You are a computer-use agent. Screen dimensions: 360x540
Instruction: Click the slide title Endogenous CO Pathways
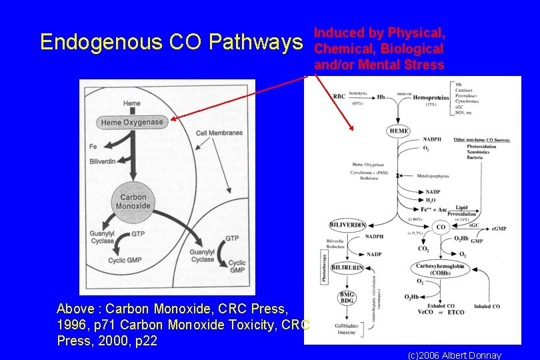click(171, 43)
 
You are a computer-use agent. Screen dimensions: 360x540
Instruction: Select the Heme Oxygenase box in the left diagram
click(132, 122)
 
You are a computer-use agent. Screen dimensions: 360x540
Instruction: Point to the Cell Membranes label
click(219, 133)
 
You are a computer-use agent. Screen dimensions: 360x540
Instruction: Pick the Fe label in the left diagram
click(93, 145)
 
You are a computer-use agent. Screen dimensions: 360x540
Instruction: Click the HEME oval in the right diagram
click(398, 131)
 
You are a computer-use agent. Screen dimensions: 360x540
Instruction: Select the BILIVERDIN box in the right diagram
click(347, 225)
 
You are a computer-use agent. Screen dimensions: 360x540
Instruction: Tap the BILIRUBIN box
click(347, 267)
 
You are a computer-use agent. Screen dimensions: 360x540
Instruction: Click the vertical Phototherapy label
click(325, 267)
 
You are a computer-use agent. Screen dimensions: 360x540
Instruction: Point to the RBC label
click(339, 97)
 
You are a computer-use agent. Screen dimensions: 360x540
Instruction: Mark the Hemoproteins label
click(431, 98)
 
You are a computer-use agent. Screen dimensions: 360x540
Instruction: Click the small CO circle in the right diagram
click(441, 227)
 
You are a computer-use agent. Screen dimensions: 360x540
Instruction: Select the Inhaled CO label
click(487, 306)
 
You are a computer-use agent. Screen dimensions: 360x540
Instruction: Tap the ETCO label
click(456, 312)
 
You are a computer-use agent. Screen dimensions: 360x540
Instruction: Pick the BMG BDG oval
click(347, 297)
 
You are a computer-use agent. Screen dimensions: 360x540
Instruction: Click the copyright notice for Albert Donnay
click(454, 355)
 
